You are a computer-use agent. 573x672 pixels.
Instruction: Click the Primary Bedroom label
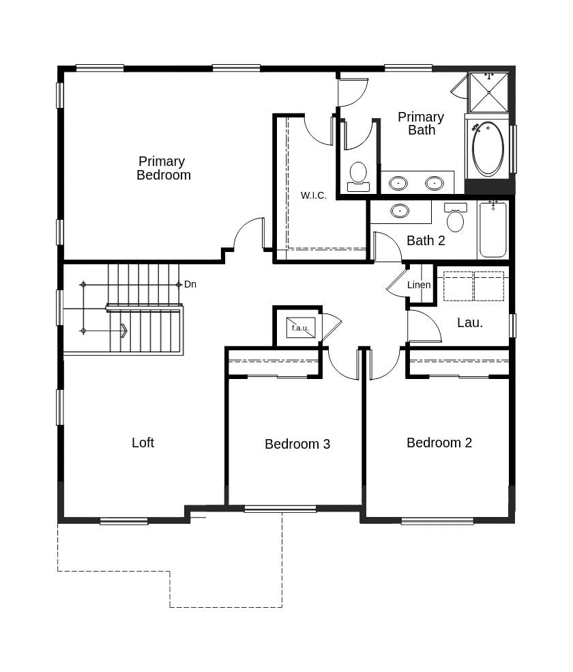tap(162, 168)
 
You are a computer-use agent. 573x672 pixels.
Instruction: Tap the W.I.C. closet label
tap(314, 195)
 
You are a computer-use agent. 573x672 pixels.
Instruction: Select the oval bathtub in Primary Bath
tap(488, 149)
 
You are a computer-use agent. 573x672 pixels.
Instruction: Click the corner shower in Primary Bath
tap(488, 92)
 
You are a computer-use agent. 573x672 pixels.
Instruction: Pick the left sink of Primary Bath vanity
tap(398, 183)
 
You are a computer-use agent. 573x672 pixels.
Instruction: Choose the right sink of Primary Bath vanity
tap(435, 183)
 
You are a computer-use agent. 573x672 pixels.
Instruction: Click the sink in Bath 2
tap(400, 210)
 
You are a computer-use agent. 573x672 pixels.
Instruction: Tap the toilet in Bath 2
tap(455, 218)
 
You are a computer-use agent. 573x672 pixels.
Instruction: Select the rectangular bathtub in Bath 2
tap(493, 229)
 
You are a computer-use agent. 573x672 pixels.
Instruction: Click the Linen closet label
tap(419, 285)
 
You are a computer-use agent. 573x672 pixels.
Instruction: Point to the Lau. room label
tap(470, 323)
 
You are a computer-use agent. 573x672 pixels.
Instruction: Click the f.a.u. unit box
tap(300, 328)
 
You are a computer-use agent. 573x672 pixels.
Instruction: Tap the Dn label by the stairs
tap(190, 284)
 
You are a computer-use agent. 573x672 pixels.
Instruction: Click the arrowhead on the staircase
tap(123, 331)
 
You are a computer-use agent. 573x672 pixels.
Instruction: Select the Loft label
tap(143, 443)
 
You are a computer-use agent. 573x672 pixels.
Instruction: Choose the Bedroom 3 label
tap(297, 444)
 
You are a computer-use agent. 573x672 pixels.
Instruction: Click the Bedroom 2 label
tap(439, 443)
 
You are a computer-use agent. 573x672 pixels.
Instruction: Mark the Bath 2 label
tap(426, 240)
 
